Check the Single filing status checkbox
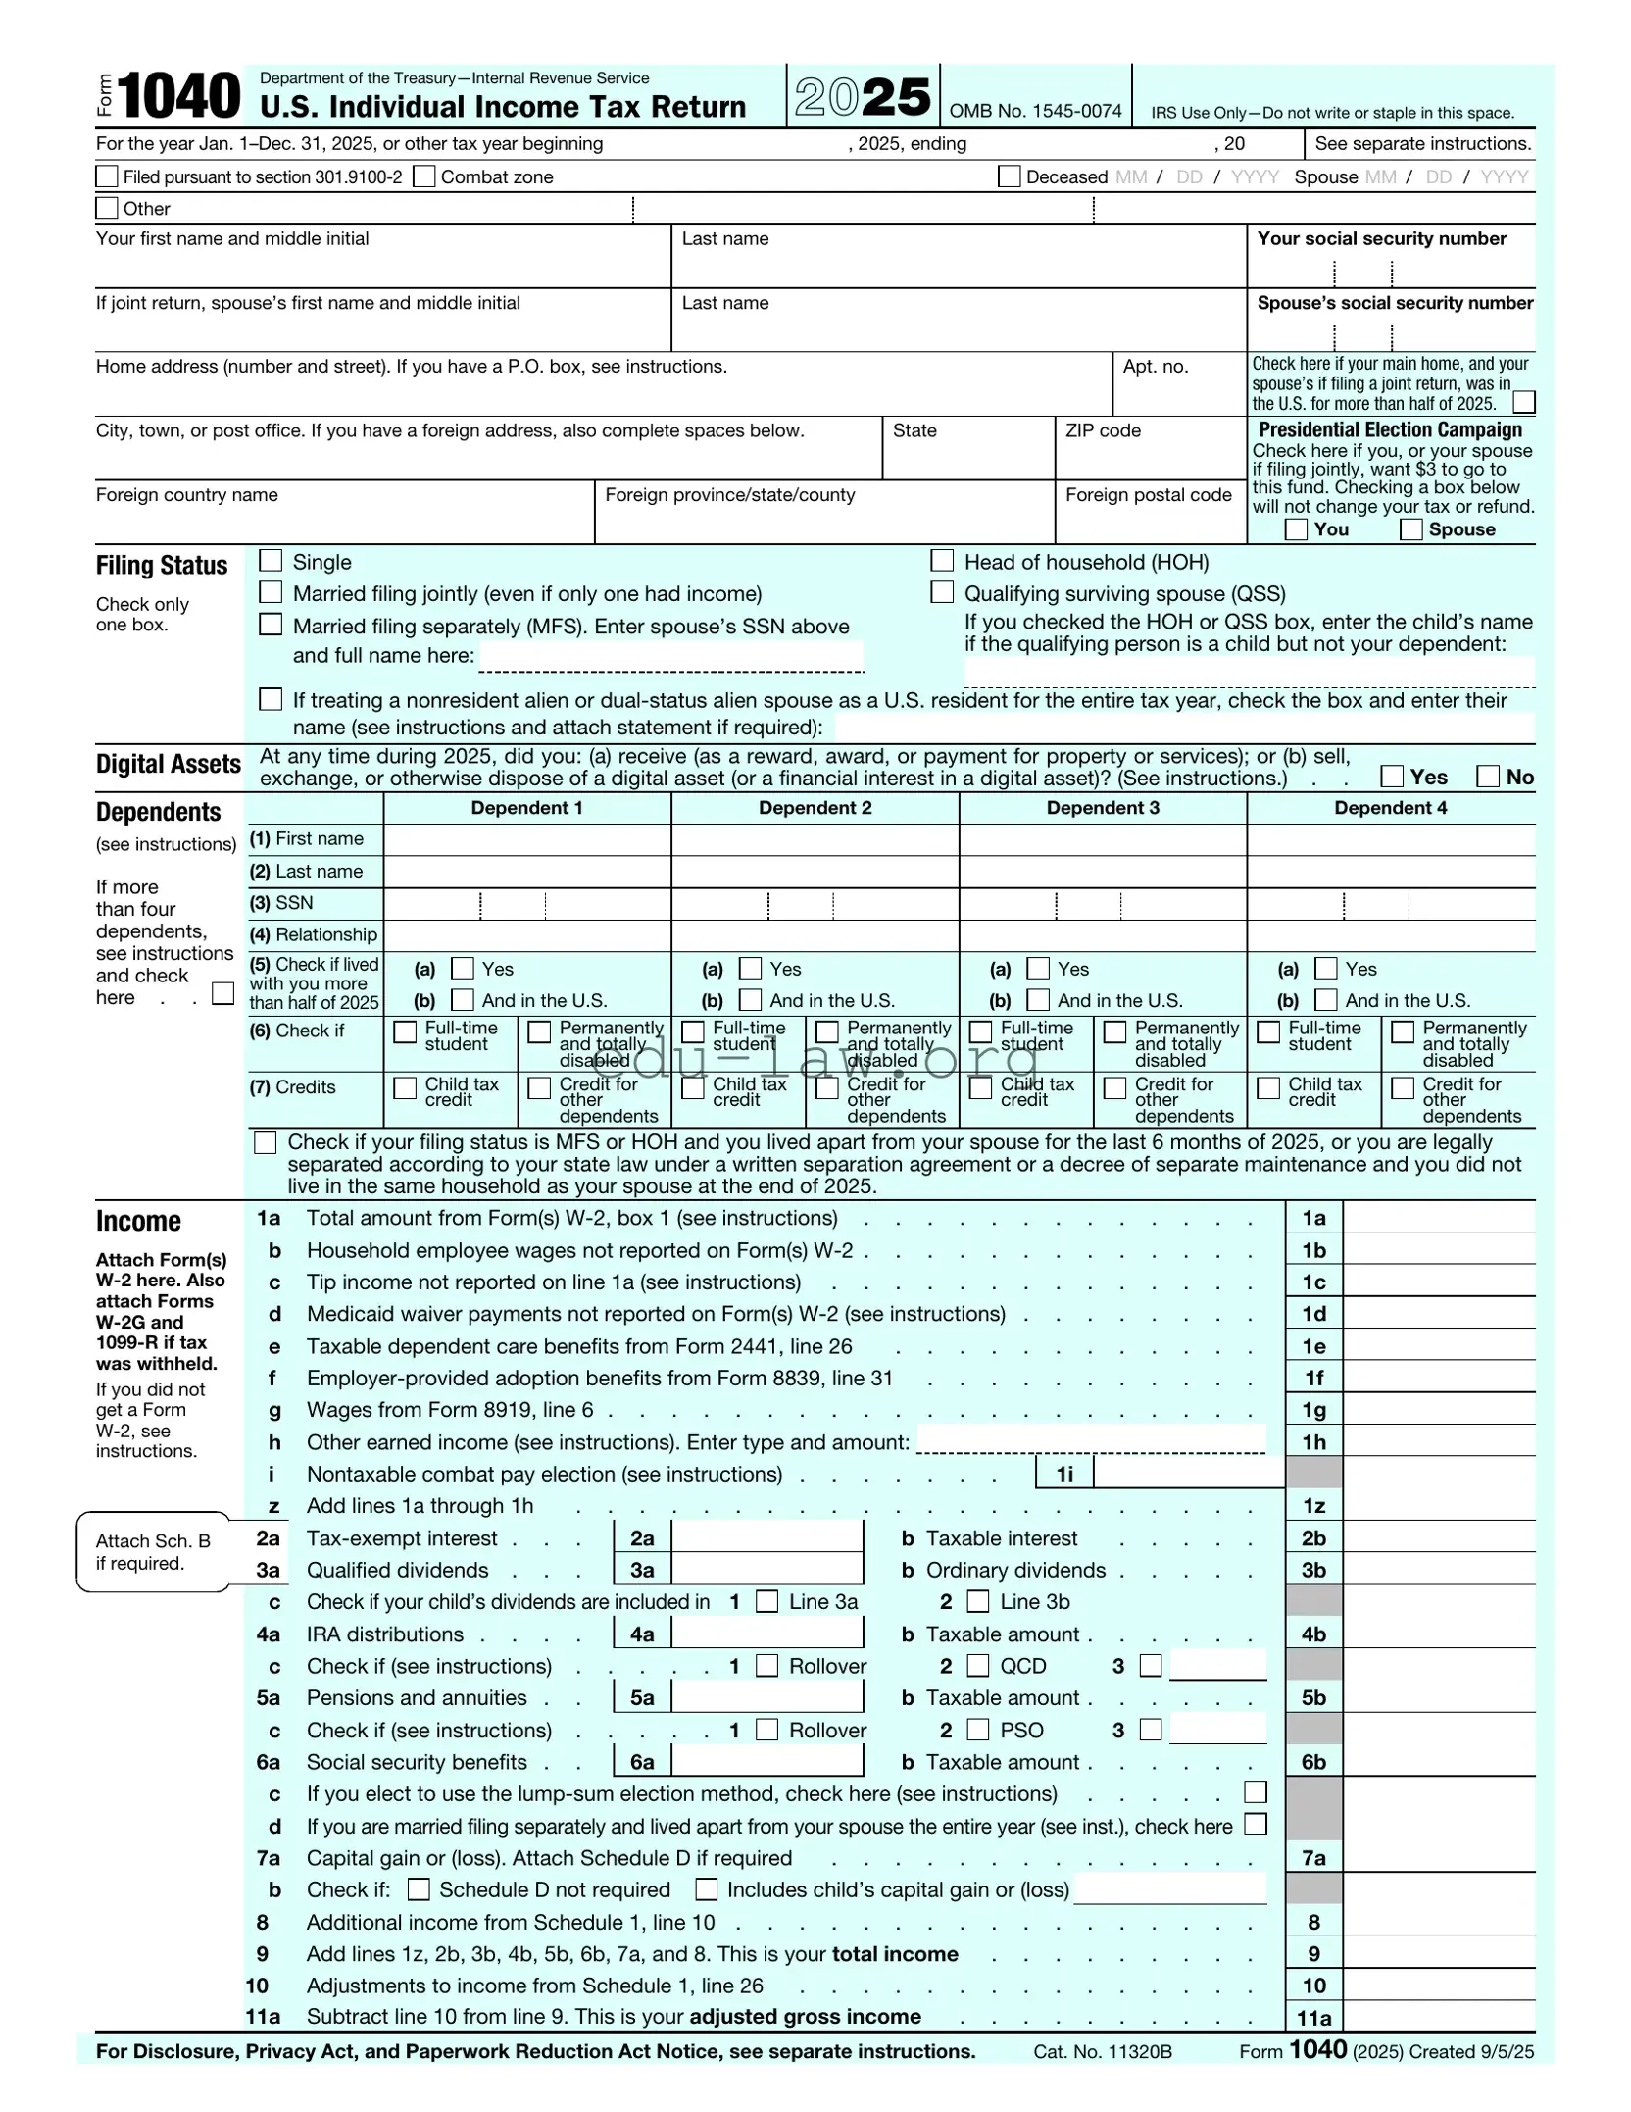[271, 561]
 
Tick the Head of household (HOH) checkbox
[941, 561]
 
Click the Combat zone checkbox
[424, 176]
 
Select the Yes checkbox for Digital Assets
[1391, 777]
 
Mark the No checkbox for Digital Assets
[1488, 777]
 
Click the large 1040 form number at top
[178, 96]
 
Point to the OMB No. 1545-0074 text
[1035, 111]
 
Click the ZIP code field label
[1103, 430]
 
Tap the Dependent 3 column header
[1102, 808]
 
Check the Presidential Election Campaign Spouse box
[1410, 529]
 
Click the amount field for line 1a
[1437, 1218]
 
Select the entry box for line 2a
[766, 1538]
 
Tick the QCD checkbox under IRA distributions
[978, 1666]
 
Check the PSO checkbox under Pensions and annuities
[978, 1730]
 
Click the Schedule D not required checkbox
[419, 1889]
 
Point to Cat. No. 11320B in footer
[1102, 2051]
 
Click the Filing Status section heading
[162, 566]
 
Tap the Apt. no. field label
[1155, 367]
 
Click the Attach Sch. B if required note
[153, 1552]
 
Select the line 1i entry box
[1188, 1474]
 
